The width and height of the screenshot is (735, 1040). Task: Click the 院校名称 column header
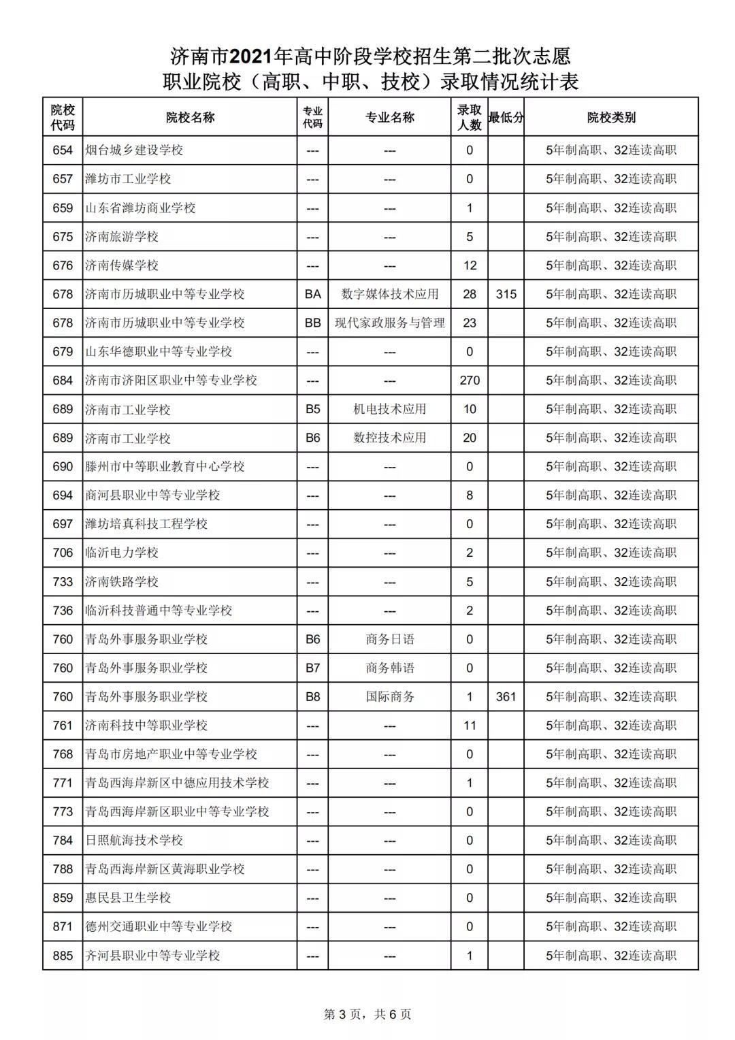tap(190, 117)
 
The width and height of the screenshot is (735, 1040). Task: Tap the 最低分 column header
tap(506, 117)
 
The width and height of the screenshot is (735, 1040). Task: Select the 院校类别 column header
tap(611, 117)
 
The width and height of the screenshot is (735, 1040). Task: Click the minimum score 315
tap(506, 294)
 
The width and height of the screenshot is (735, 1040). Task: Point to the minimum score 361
tap(506, 696)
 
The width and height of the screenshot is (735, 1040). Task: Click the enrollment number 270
tap(470, 380)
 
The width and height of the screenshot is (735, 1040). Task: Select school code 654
tap(63, 150)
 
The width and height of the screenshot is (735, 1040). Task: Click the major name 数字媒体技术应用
tap(389, 294)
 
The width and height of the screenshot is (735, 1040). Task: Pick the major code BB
tap(312, 323)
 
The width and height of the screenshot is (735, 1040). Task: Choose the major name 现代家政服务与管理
tap(389, 323)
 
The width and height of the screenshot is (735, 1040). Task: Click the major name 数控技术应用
tap(389, 438)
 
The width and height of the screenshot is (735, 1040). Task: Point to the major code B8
tap(312, 696)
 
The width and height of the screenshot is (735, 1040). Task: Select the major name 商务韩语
tap(389, 668)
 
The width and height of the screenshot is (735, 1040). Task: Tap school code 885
tap(63, 956)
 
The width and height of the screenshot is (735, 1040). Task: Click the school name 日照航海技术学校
tap(134, 841)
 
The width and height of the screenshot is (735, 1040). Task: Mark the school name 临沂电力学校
tap(122, 553)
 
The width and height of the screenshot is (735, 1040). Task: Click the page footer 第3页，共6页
tap(367, 1014)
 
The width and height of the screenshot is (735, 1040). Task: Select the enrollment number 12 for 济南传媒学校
tap(470, 265)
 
